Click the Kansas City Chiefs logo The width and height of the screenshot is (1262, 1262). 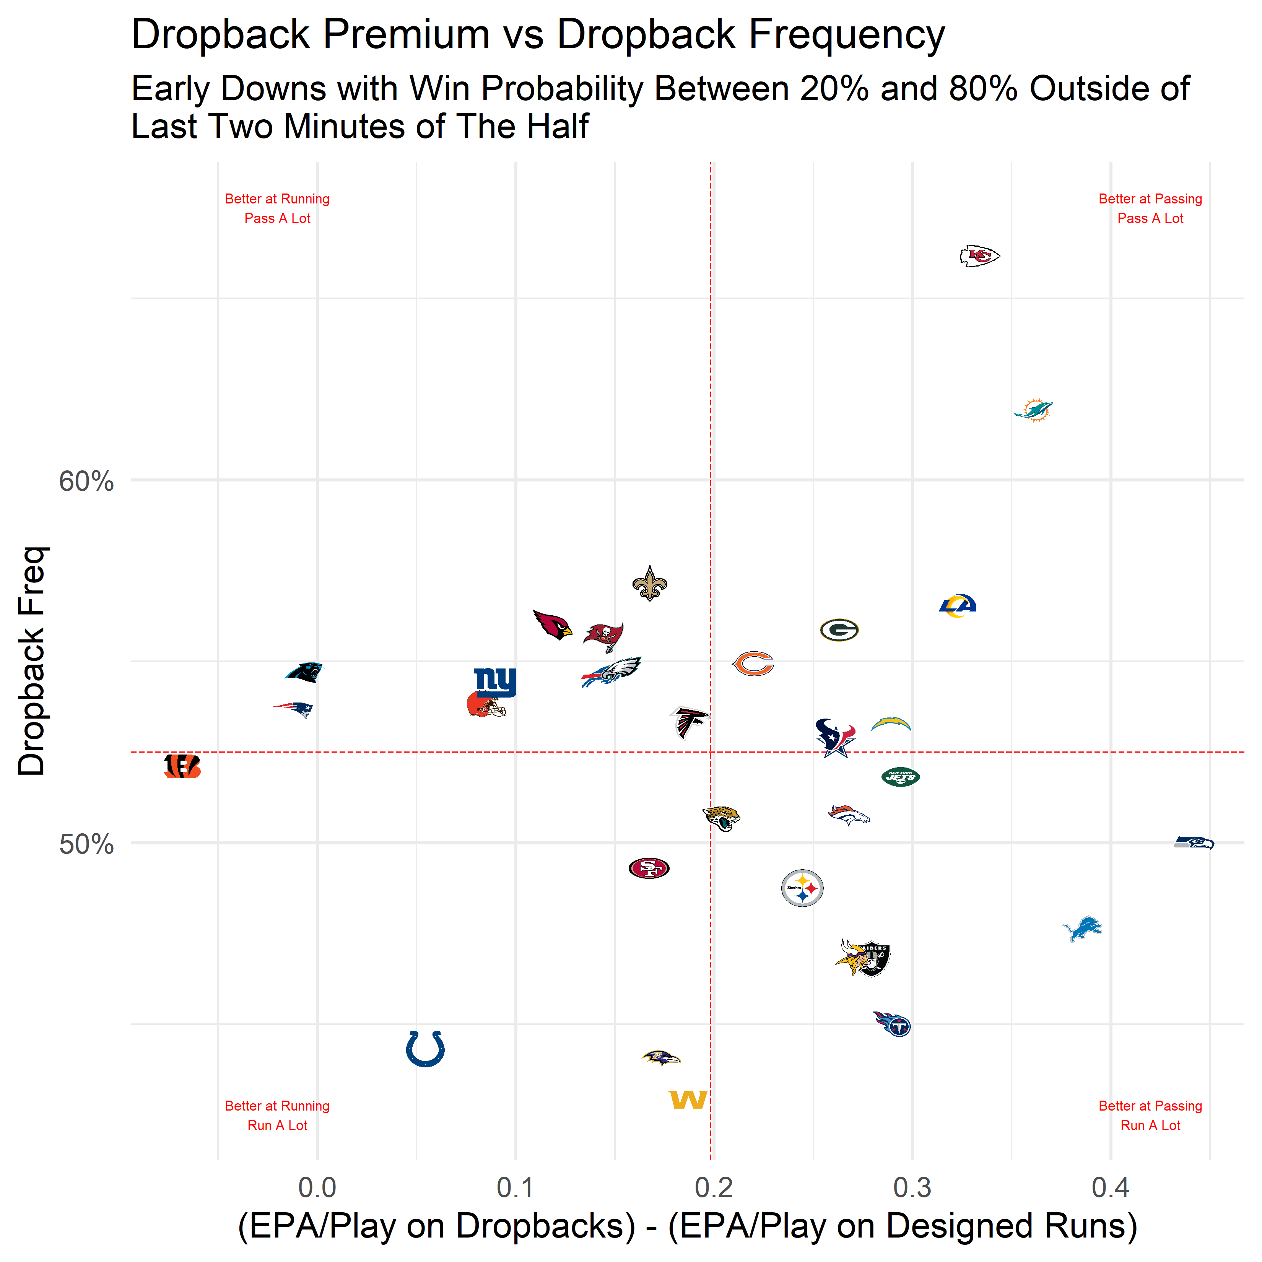point(979,256)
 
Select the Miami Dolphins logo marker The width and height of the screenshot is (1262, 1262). point(1033,410)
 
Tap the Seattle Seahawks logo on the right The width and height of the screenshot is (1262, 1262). point(1194,842)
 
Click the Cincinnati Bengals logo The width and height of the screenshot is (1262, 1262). point(182,766)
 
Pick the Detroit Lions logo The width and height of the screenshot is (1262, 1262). point(1082,928)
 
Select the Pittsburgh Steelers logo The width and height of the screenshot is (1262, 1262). point(802,888)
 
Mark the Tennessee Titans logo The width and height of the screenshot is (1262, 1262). point(893,1024)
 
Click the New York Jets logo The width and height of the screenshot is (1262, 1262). point(900,777)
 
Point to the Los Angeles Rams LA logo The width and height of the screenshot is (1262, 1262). point(958,605)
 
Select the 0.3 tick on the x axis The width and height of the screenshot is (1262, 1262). point(912,1187)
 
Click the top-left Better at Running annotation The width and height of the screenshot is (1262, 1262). point(277,198)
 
